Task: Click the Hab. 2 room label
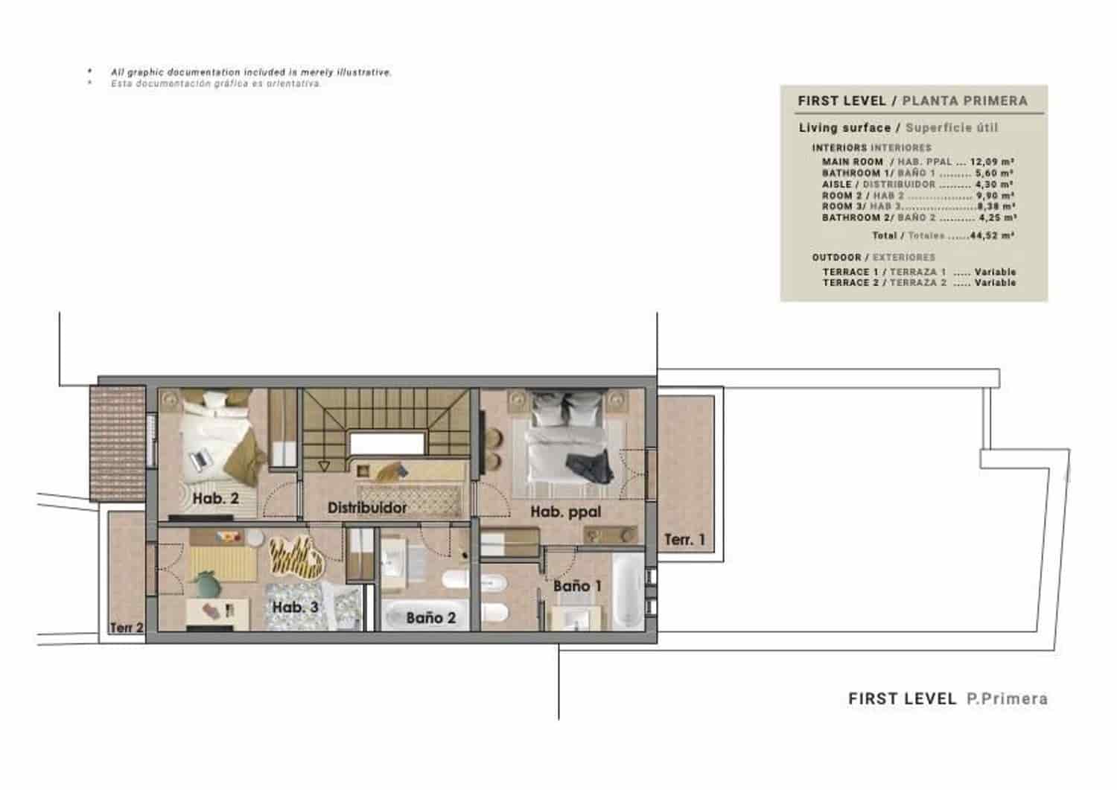(215, 498)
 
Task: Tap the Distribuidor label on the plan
(367, 508)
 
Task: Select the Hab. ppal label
(565, 512)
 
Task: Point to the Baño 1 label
(576, 586)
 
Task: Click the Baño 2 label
(430, 617)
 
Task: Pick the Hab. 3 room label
(295, 607)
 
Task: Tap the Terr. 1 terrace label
(684, 539)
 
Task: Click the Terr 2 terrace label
(126, 628)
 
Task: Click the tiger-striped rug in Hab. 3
(296, 558)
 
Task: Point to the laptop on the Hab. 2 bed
(199, 460)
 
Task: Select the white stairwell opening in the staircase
(386, 444)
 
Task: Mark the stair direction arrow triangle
(323, 466)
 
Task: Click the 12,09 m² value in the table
(992, 162)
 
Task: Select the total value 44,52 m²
(992, 235)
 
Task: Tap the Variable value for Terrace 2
(995, 283)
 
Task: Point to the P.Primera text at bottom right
(1007, 698)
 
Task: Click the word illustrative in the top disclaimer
(363, 72)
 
